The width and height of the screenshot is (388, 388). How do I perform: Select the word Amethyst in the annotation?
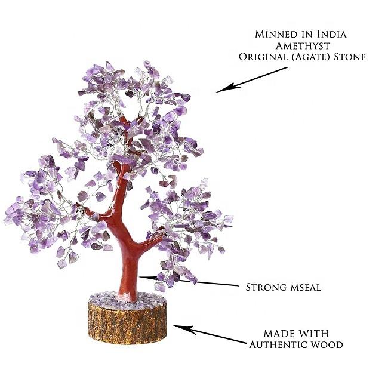click(301, 45)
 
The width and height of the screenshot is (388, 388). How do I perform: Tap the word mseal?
click(305, 288)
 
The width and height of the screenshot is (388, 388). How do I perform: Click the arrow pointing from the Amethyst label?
click(251, 79)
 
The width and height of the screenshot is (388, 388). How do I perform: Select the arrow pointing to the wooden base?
click(209, 334)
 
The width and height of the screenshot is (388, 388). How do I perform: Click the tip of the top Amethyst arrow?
click(217, 92)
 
